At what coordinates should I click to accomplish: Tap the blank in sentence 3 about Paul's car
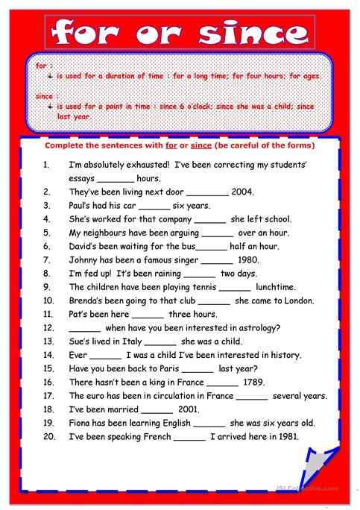click(154, 206)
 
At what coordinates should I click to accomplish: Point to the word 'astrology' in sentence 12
click(253, 328)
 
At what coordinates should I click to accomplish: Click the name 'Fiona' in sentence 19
click(80, 423)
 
